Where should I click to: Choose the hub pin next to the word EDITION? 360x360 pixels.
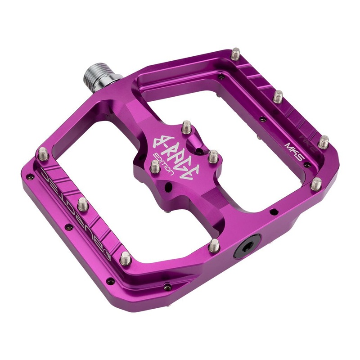pyautogui.click(x=154, y=166)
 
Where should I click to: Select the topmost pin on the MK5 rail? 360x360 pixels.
pyautogui.click(x=236, y=55)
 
